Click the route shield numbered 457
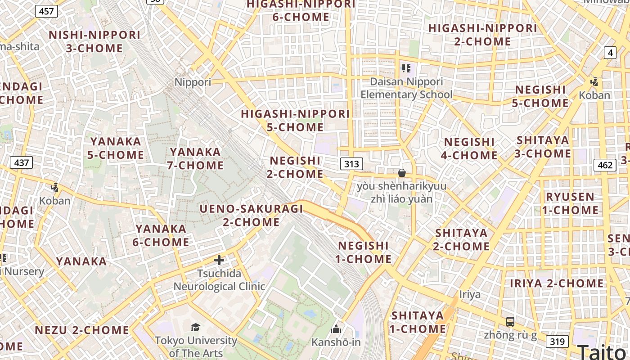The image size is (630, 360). point(46,11)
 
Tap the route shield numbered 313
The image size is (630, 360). point(351,164)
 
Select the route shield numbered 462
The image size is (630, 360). point(605,165)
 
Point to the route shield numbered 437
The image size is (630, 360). point(21,162)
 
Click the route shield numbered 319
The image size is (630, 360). point(557,342)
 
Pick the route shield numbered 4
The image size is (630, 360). point(610,53)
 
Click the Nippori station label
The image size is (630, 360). point(193,82)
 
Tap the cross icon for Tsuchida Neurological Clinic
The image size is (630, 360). point(219,260)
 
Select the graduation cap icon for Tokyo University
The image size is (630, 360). point(196,327)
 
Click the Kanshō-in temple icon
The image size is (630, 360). point(336,329)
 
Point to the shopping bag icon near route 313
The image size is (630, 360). point(402,173)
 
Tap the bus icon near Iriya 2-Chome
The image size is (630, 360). point(510,322)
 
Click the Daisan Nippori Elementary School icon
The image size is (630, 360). point(406,68)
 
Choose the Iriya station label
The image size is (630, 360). point(470,295)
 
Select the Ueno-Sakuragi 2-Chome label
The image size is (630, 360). point(252,215)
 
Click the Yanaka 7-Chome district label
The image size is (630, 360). point(196,158)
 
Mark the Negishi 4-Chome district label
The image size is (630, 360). point(469,148)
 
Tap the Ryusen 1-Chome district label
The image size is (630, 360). point(570,203)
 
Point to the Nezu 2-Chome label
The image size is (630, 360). point(82,330)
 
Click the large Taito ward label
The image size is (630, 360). point(603,351)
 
